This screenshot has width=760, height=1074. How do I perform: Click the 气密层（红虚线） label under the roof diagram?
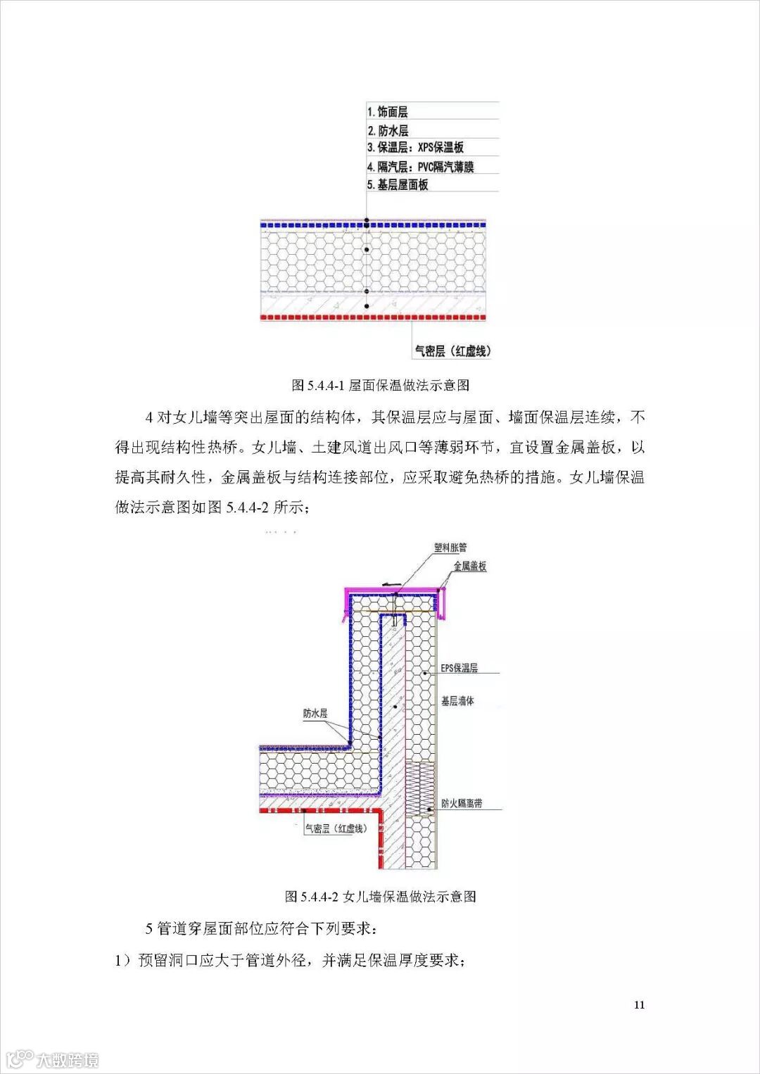pyautogui.click(x=452, y=350)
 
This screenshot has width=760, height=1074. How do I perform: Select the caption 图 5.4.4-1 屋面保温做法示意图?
pyautogui.click(x=380, y=385)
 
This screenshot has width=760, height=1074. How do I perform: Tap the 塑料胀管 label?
pyautogui.click(x=450, y=548)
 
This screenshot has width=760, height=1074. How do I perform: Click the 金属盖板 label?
pyautogui.click(x=469, y=566)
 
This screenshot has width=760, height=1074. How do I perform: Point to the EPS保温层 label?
pyautogui.click(x=459, y=668)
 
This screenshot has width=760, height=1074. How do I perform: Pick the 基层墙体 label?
pyautogui.click(x=457, y=701)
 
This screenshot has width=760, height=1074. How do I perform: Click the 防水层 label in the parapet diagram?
pyautogui.click(x=315, y=713)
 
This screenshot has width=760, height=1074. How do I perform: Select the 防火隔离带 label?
pyautogui.click(x=462, y=803)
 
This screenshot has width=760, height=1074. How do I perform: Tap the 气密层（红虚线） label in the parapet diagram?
pyautogui.click(x=336, y=829)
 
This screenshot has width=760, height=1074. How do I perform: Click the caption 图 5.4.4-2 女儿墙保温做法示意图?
pyautogui.click(x=380, y=896)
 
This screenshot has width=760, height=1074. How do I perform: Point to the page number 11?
pyautogui.click(x=639, y=1004)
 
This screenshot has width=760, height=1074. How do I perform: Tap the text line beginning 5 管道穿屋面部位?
pyautogui.click(x=261, y=928)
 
